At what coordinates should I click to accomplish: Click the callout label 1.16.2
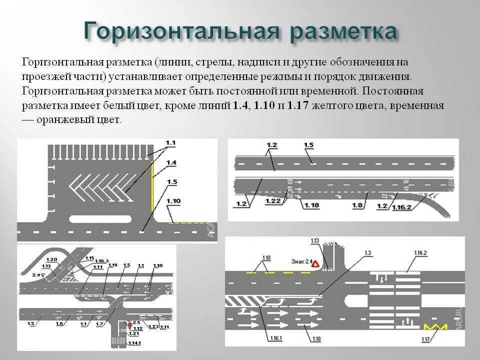click(x=401, y=206)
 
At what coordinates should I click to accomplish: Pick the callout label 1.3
click(x=368, y=253)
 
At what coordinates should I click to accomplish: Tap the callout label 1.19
click(x=112, y=265)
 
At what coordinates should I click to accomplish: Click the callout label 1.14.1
click(x=134, y=343)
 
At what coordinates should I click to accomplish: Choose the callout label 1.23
click(x=153, y=326)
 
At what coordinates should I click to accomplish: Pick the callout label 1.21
click(x=133, y=333)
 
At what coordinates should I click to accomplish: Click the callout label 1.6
click(x=59, y=323)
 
